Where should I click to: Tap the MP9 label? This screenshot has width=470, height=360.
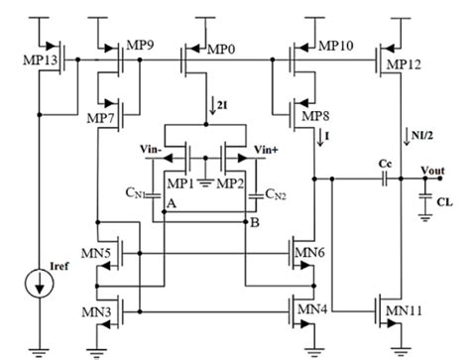138,46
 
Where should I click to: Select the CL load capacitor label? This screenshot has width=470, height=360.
443,200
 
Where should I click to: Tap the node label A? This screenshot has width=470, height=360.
172,201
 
